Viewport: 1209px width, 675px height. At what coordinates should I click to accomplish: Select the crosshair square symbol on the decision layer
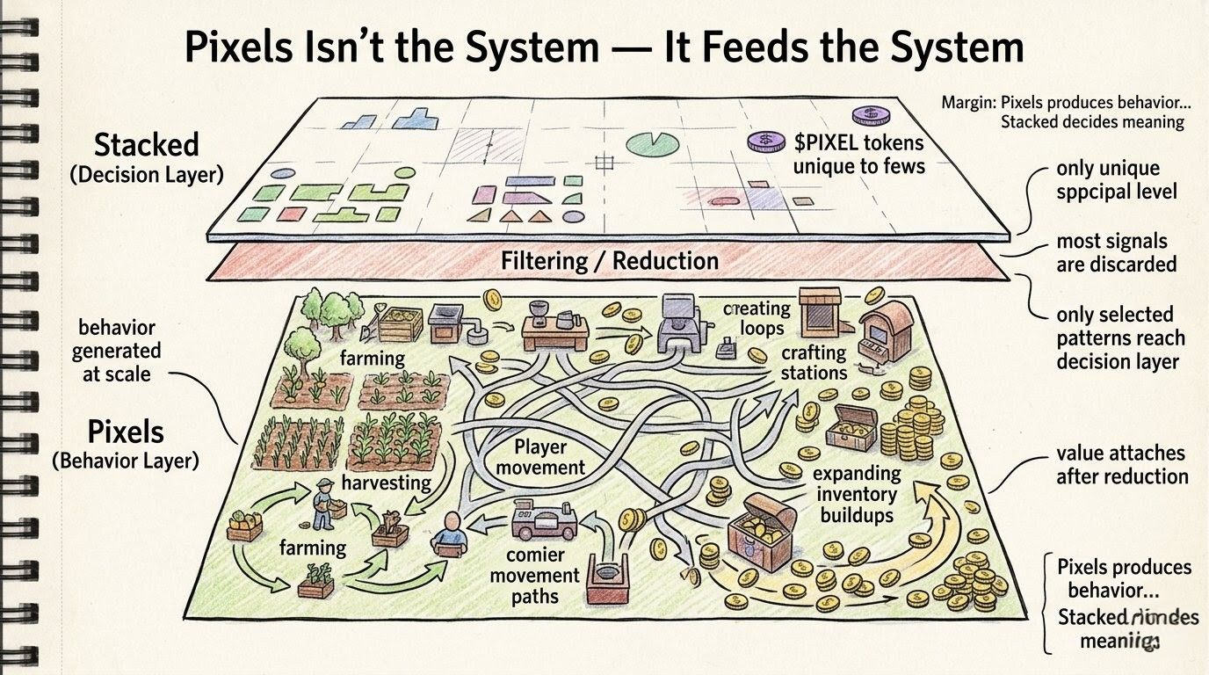(603, 162)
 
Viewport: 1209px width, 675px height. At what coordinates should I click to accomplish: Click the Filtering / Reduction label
(609, 261)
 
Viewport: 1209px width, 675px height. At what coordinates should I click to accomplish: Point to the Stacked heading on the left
(146, 145)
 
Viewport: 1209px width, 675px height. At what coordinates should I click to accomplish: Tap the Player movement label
(539, 457)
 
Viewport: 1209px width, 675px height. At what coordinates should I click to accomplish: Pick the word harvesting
(386, 483)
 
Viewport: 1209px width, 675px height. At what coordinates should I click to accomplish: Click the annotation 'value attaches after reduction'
(1121, 465)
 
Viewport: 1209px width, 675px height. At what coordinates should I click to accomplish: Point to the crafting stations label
(814, 362)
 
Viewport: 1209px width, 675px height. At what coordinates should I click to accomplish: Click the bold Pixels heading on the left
(126, 432)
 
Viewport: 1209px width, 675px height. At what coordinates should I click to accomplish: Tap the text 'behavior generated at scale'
(117, 351)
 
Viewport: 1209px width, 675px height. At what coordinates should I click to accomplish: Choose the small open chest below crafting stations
(851, 426)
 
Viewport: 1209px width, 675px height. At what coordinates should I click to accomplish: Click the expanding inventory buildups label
(856, 493)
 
